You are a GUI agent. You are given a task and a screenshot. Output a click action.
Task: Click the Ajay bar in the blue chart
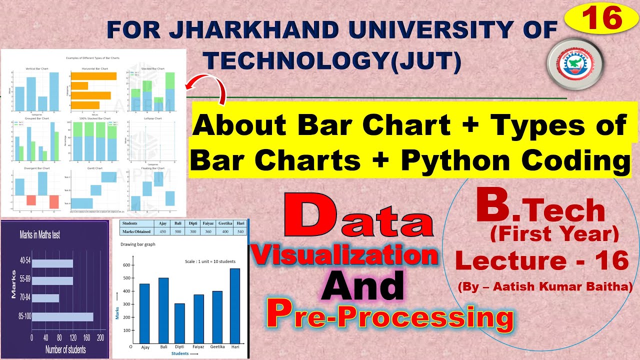click(x=144, y=312)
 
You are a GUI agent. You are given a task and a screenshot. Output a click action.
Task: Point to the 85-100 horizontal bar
click(x=62, y=317)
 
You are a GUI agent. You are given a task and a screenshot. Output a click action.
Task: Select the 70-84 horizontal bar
click(x=45, y=298)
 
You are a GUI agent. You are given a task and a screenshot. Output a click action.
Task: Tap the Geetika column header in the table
click(x=225, y=224)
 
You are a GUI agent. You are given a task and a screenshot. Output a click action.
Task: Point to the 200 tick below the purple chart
click(x=100, y=337)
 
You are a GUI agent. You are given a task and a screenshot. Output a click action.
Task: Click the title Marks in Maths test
click(x=40, y=234)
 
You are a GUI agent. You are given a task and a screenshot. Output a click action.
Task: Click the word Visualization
click(x=344, y=255)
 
